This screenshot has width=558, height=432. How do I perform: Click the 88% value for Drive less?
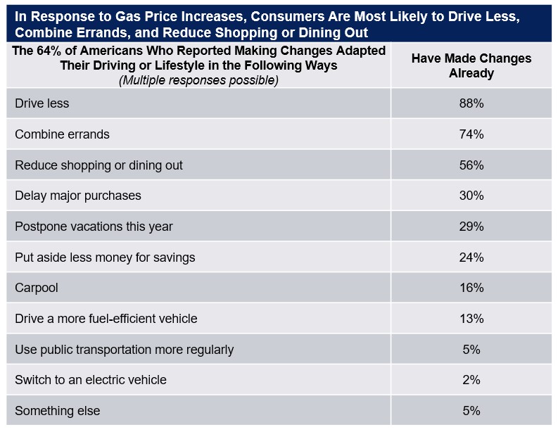coord(471,103)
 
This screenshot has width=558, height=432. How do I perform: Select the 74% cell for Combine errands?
coord(471,134)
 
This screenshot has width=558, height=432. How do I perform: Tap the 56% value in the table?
coord(471,165)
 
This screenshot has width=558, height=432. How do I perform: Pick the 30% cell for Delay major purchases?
coord(471,196)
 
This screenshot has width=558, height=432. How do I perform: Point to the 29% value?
coord(471,227)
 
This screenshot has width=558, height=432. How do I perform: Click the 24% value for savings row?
coord(471,258)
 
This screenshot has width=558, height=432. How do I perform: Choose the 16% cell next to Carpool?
coord(471,288)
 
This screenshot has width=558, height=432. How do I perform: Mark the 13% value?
coord(471,319)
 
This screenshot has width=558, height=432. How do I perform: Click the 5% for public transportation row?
coord(471,350)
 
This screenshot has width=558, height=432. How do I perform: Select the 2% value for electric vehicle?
coord(471,380)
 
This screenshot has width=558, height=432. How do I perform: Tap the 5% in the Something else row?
coord(471,411)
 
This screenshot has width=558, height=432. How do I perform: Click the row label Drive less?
coord(42,103)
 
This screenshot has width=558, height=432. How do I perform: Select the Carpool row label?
coord(37,288)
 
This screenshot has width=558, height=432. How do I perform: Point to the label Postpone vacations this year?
coord(94,227)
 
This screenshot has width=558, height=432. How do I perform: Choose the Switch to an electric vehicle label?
coord(91,380)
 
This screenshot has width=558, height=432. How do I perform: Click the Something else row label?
coord(58,411)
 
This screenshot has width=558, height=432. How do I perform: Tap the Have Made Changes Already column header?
coord(471,65)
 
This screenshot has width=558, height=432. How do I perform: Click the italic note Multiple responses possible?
coord(198,80)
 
